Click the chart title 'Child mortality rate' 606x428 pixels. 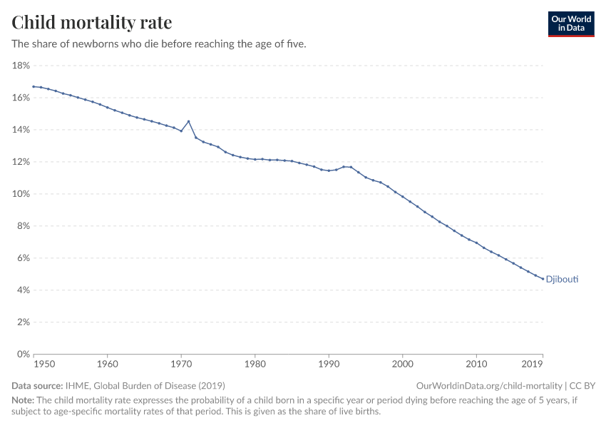click(x=91, y=23)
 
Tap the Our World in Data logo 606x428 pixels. click(x=570, y=24)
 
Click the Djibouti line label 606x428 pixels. click(x=562, y=280)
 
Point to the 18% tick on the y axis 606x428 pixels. click(x=21, y=66)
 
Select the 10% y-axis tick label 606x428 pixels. click(x=21, y=194)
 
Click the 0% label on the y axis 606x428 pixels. click(x=23, y=355)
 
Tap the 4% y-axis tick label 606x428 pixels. click(x=23, y=290)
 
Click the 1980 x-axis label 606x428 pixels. click(x=255, y=365)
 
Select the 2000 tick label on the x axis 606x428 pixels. click(x=403, y=365)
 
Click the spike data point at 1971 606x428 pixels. click(x=188, y=121)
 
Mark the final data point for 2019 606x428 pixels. click(x=543, y=279)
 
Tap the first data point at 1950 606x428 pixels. click(x=34, y=86)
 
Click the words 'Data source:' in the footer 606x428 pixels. click(x=37, y=385)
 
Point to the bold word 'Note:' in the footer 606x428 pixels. click(x=24, y=400)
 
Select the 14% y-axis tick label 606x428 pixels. click(x=21, y=130)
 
